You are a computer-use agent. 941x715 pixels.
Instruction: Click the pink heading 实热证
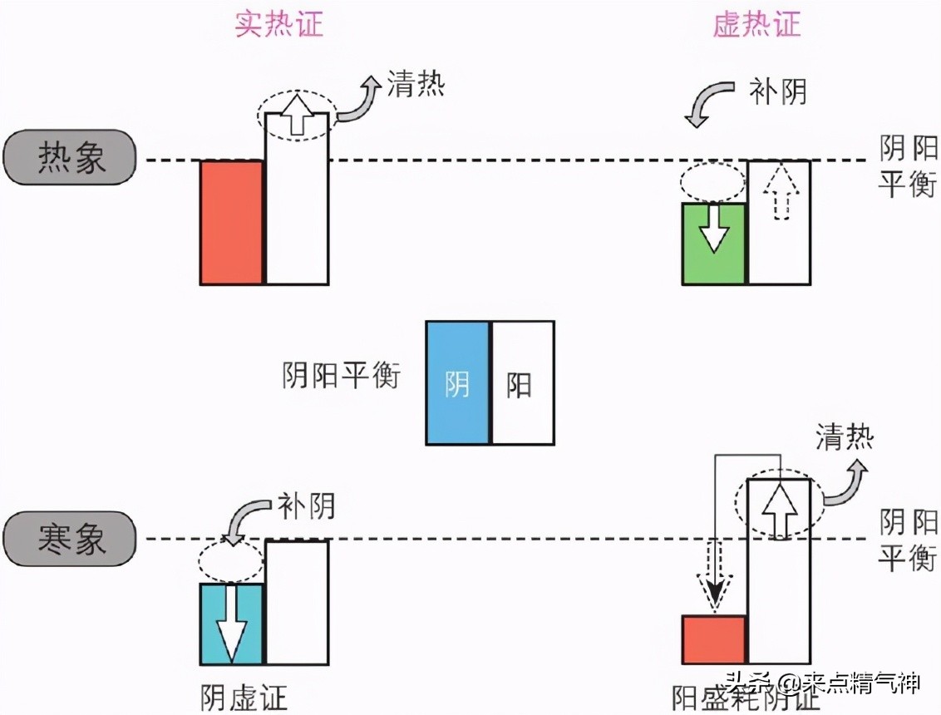point(278,24)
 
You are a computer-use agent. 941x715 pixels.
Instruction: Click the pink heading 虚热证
point(756,24)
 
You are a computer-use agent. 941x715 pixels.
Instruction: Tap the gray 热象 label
point(70,157)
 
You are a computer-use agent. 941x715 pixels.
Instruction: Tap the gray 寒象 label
point(70,539)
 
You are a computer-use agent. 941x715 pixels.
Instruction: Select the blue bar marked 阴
point(457,383)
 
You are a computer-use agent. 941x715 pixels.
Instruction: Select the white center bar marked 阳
point(522,383)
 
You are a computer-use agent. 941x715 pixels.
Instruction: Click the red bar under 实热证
point(231,223)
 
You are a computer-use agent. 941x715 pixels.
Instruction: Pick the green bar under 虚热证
point(713,244)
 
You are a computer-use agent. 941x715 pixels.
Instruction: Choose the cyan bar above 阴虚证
point(231,624)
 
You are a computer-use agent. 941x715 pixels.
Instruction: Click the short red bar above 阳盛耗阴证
point(713,639)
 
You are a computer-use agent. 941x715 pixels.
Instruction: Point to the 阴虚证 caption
point(244,697)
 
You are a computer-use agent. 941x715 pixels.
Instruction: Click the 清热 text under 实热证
point(416,84)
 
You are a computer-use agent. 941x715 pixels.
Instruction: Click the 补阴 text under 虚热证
point(777,92)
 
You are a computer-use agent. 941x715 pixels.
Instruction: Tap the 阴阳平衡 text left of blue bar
point(341,376)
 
